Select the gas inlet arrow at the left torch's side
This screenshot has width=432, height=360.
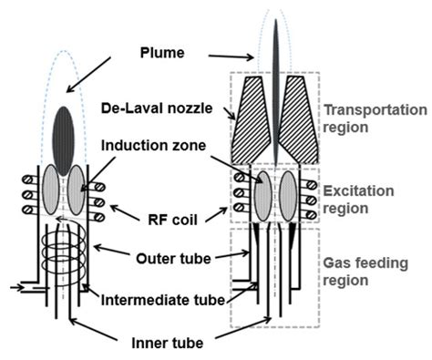[x=20, y=284]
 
